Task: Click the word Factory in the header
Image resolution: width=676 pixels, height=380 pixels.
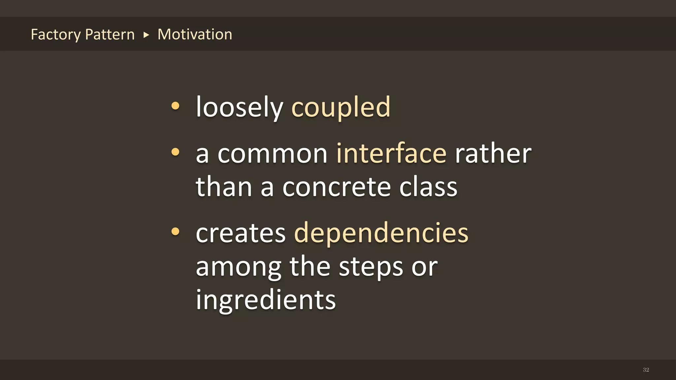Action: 55,35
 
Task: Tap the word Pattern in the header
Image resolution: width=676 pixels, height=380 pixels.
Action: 110,35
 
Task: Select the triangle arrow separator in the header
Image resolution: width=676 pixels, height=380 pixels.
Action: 146,35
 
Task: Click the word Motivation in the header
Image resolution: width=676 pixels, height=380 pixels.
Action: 195,34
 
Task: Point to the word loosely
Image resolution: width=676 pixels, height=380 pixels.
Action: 239,107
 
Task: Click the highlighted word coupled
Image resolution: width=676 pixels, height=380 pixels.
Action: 341,107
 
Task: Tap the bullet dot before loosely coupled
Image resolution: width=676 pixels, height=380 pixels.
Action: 175,106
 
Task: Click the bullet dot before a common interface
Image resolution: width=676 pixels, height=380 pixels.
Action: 175,152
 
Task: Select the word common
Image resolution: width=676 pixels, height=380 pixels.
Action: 272,154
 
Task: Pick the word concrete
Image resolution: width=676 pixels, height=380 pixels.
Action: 337,187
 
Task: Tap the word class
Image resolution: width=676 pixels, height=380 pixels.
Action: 428,187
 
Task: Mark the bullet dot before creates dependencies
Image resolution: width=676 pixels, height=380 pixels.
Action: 175,232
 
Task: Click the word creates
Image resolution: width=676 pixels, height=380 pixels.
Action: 241,233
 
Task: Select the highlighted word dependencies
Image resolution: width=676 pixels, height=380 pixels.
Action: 381,233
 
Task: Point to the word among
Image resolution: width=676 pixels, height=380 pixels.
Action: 238,267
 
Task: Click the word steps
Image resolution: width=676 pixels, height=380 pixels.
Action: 371,267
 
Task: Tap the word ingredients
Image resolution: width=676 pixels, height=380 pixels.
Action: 266,300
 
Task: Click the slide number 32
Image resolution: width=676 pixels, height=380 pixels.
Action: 646,370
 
